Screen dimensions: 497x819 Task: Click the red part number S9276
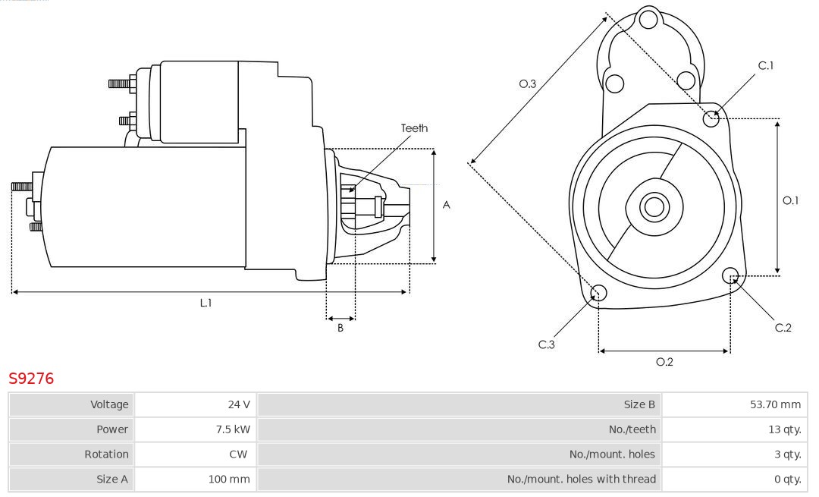click(x=31, y=378)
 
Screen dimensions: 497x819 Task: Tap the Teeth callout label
click(x=414, y=128)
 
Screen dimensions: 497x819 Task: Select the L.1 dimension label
click(x=206, y=303)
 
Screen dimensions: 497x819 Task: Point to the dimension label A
click(x=446, y=205)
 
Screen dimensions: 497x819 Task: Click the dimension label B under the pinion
click(x=340, y=328)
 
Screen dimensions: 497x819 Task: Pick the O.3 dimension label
click(x=527, y=84)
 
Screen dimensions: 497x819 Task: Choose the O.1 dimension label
click(x=790, y=200)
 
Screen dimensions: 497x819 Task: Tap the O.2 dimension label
click(x=664, y=362)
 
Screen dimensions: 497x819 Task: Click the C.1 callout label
click(x=766, y=65)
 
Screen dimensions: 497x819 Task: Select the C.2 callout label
click(x=783, y=328)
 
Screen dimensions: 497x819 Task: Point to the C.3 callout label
click(x=547, y=344)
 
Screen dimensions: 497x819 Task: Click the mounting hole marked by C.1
click(x=711, y=118)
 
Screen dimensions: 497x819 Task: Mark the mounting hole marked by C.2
click(x=731, y=275)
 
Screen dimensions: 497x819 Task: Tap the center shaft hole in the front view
click(x=652, y=206)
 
